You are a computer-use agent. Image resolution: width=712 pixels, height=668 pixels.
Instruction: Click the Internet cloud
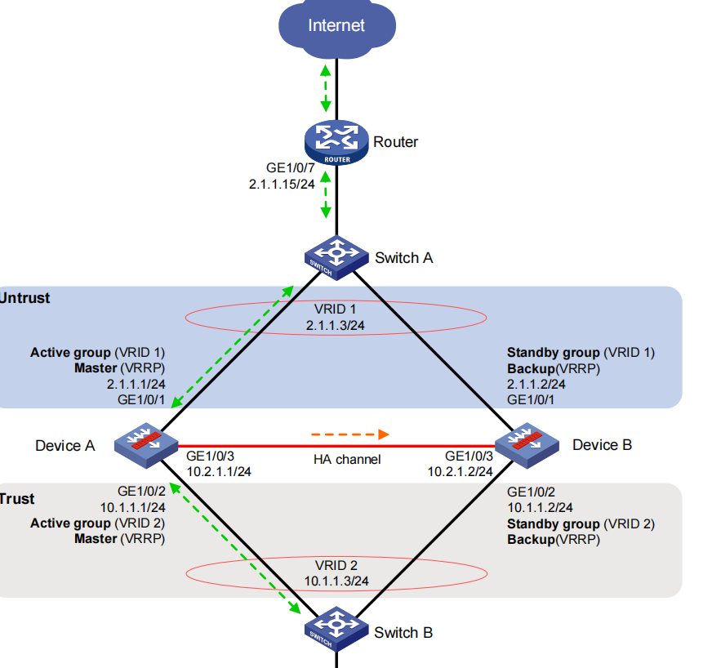[x=336, y=26]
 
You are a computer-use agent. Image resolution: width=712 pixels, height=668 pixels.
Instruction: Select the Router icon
[x=337, y=142]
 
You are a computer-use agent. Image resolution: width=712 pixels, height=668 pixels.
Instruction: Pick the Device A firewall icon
[x=146, y=444]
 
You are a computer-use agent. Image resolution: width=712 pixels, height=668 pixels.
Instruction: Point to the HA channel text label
[x=347, y=460]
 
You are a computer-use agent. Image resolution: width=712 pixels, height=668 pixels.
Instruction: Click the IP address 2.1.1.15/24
[x=282, y=185]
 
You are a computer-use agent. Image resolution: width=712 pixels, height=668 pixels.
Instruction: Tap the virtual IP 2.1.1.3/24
[x=336, y=327]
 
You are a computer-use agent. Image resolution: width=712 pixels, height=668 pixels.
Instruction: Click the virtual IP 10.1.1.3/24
[x=336, y=581]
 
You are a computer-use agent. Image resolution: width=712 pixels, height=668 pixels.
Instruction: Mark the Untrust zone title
[x=24, y=298]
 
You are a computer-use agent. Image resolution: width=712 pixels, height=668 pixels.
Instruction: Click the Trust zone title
[x=18, y=498]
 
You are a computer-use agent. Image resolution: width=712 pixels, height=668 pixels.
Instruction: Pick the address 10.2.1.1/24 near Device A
[x=219, y=471]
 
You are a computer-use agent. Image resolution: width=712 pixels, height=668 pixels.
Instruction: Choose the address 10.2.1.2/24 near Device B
[x=460, y=471]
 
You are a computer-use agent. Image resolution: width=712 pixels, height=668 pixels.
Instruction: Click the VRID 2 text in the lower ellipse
[x=336, y=565]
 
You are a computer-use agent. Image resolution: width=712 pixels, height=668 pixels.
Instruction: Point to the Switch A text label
[x=403, y=258]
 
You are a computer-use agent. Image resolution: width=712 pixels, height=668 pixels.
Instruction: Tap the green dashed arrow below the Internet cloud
[x=327, y=86]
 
